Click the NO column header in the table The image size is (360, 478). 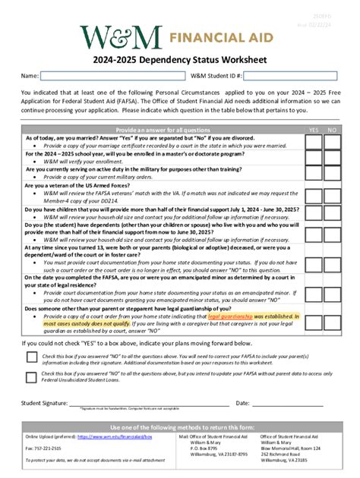(x=331, y=129)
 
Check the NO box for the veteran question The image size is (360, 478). (x=331, y=189)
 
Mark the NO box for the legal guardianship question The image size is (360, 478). (x=331, y=319)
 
